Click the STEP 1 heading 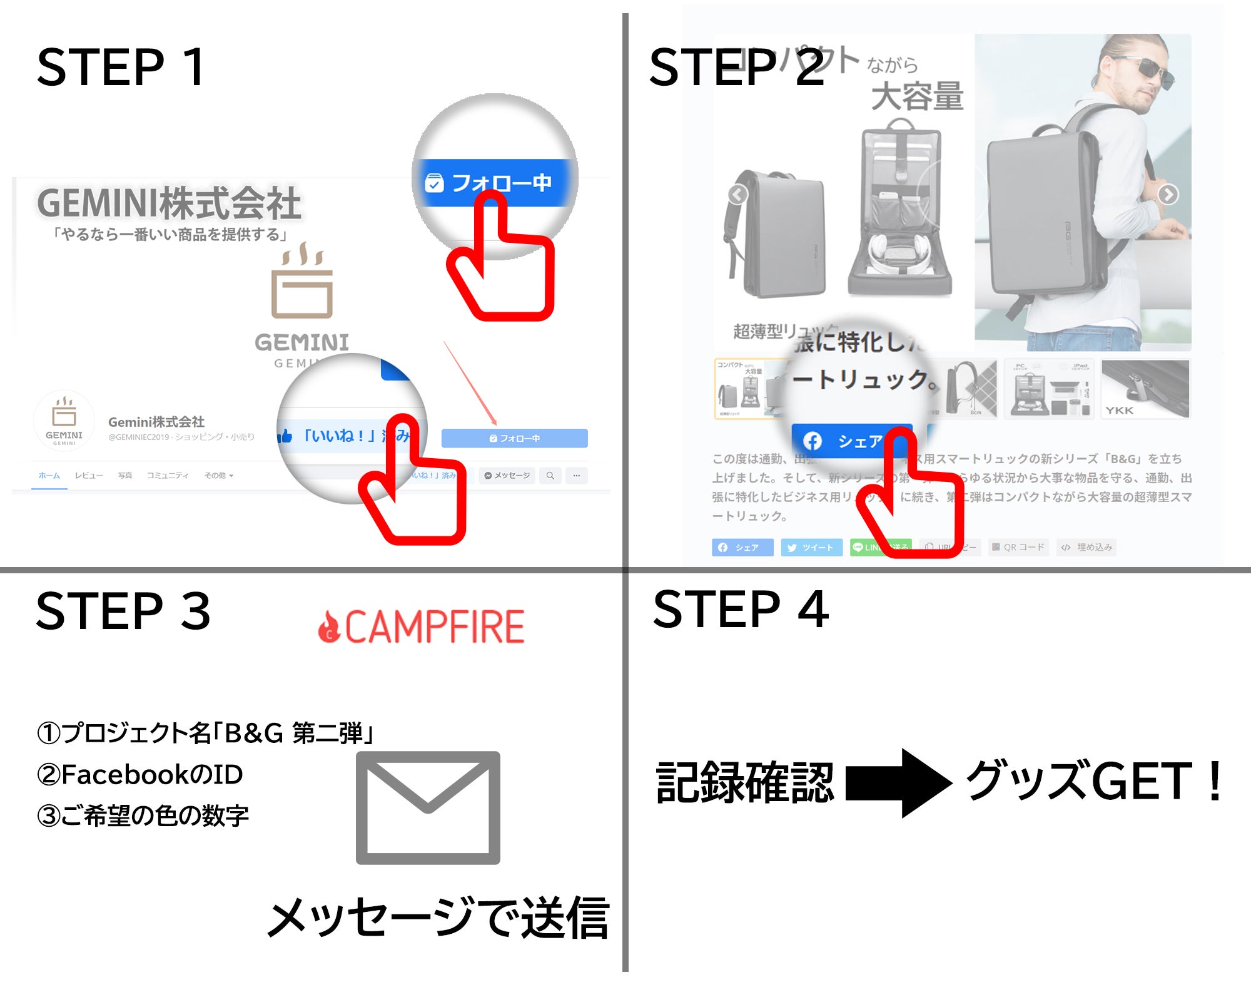coord(121,67)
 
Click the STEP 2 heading coord(737,67)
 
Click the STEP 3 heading coord(123,611)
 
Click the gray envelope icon coord(428,807)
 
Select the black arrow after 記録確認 coord(898,782)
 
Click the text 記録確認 coord(744,782)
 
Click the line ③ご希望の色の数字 coord(143,816)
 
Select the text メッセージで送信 coord(438,918)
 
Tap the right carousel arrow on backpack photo coord(1168,195)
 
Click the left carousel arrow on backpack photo coord(738,195)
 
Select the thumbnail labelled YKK coord(1145,389)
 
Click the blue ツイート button coord(811,548)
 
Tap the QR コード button coord(1018,548)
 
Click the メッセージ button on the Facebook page coord(507,476)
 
